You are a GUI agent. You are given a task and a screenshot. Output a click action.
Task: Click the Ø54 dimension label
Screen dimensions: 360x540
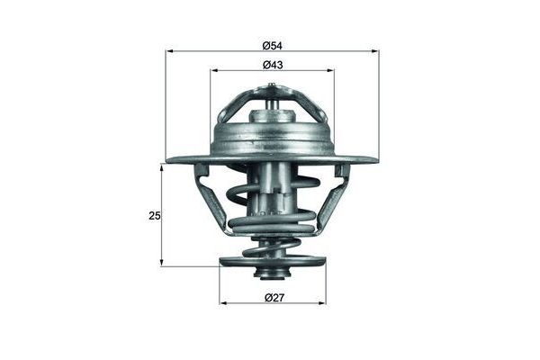click(272, 42)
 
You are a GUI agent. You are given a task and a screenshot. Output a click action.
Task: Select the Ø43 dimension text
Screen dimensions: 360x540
click(272, 64)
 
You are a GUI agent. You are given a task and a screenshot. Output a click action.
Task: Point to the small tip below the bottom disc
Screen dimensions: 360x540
click(272, 275)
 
